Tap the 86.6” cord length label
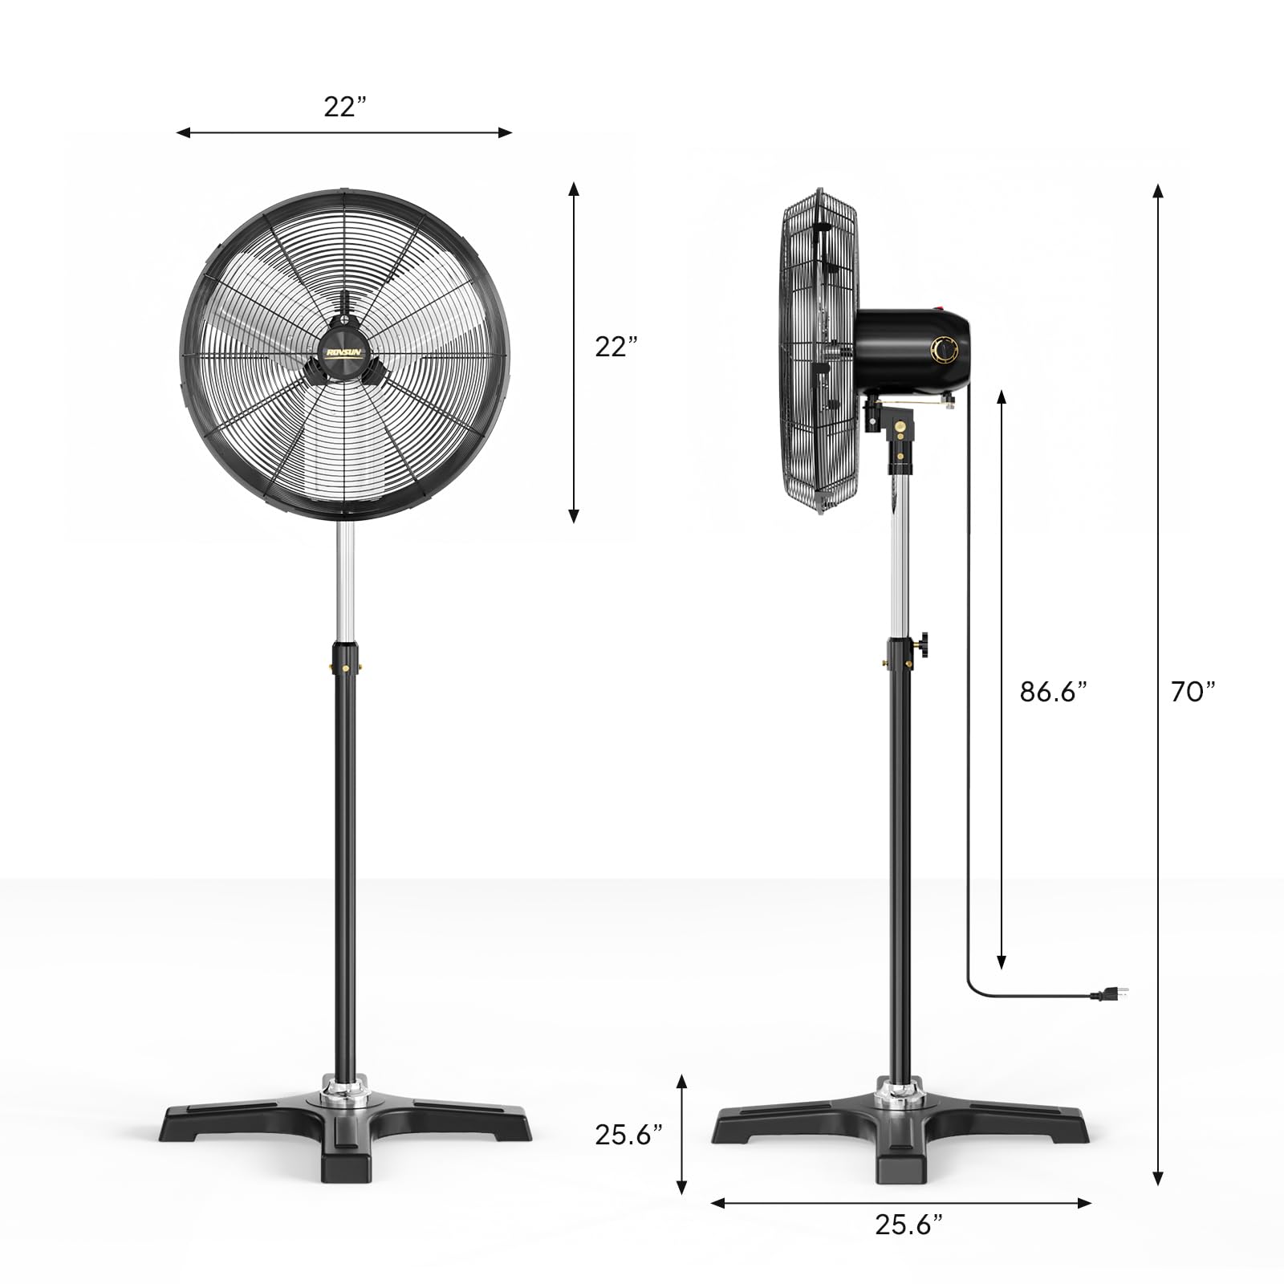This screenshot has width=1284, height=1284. (1054, 691)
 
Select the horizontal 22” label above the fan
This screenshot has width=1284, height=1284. (345, 106)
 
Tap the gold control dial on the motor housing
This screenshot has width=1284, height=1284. (944, 351)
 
